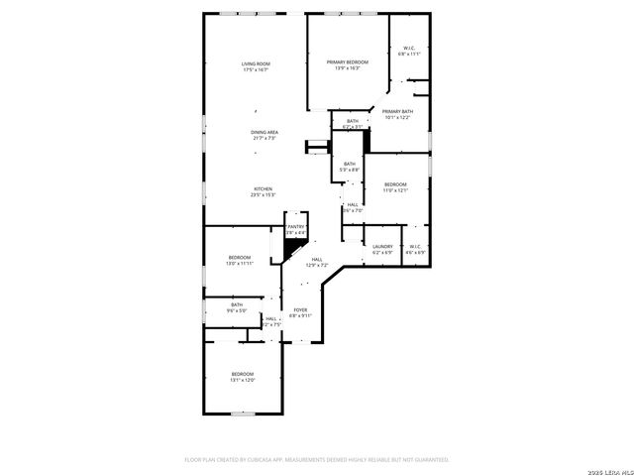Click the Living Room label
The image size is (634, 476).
[256, 64]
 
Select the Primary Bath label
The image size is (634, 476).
[397, 111]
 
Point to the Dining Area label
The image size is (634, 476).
[264, 132]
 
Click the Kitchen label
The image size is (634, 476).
[263, 188]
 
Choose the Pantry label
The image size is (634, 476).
[297, 227]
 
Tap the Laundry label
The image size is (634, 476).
[382, 246]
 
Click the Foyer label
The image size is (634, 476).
[299, 309]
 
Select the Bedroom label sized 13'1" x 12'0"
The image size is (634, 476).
[243, 374]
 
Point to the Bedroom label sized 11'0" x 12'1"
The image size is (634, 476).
[395, 184]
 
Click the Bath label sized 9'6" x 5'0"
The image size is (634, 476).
[237, 304]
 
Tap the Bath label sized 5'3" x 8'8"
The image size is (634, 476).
[349, 164]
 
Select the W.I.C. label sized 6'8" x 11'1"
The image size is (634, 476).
[410, 49]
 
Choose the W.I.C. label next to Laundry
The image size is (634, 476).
[415, 246]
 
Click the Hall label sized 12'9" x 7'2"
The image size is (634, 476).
[317, 259]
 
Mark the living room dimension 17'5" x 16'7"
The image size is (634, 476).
[256, 70]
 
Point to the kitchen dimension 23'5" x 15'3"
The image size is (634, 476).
[263, 194]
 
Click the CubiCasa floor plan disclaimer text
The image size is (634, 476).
[317, 459]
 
